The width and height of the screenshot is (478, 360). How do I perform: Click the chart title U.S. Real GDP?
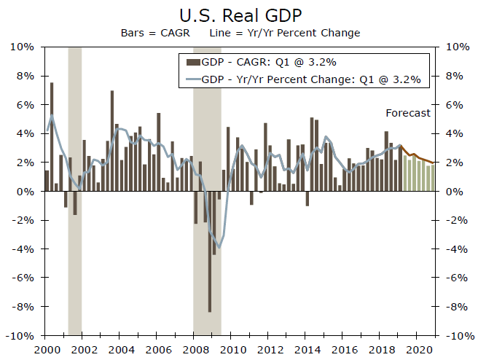(239, 15)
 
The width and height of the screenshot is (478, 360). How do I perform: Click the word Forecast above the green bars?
(408, 113)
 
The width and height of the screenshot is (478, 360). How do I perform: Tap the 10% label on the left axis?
(24, 47)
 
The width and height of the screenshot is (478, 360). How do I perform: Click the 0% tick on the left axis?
(27, 192)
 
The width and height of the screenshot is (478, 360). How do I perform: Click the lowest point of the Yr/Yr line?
(219, 248)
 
